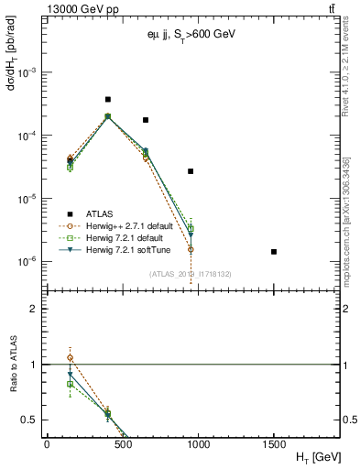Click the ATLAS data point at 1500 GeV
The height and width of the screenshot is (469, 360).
(274, 251)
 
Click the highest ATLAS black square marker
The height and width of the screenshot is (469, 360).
(108, 99)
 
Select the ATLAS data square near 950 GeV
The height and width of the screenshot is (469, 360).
(191, 171)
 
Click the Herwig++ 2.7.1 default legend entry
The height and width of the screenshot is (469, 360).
(122, 225)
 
